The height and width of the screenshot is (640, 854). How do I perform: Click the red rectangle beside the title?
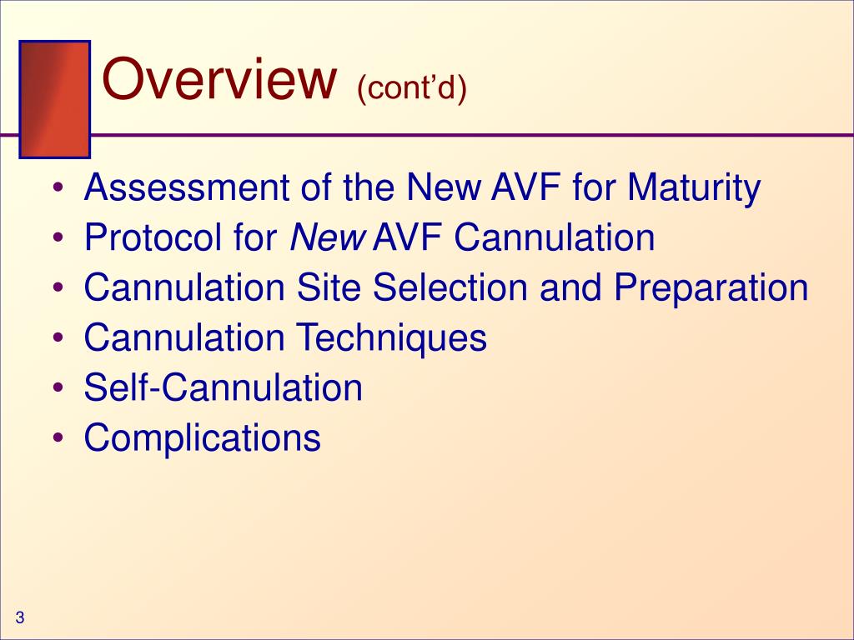click(54, 99)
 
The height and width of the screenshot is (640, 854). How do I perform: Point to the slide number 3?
click(19, 617)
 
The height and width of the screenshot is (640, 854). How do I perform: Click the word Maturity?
click(694, 188)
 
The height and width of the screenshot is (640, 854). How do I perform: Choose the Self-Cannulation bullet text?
click(223, 388)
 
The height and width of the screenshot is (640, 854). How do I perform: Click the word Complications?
click(202, 439)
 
